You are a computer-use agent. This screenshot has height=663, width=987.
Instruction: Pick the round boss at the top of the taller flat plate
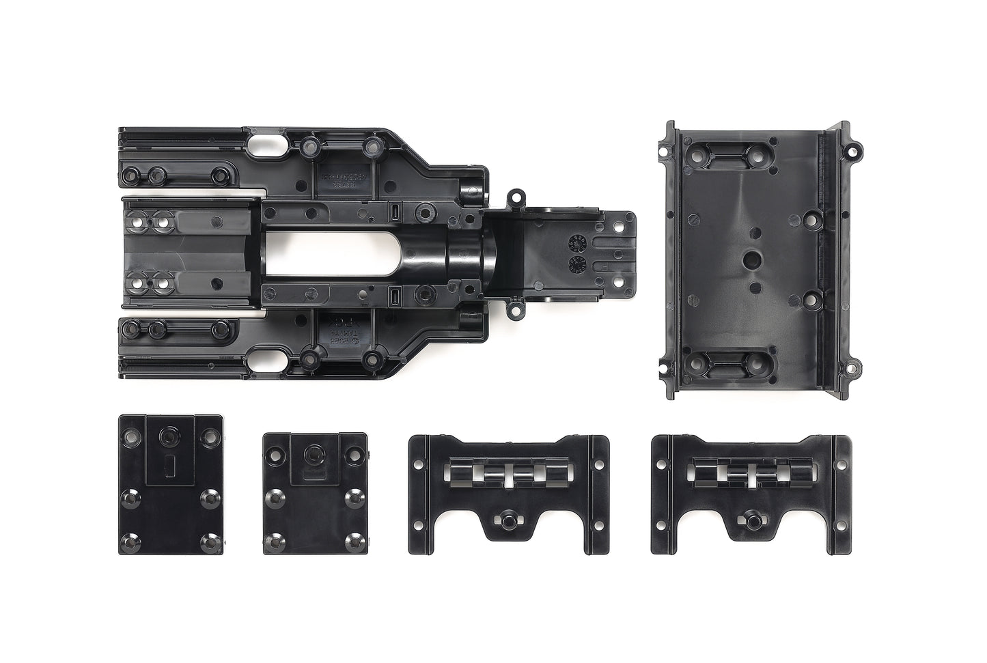tap(167, 436)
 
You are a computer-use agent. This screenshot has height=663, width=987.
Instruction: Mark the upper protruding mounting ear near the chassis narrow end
tap(516, 201)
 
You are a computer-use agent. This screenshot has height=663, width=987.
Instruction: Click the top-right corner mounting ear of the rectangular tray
tap(852, 146)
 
